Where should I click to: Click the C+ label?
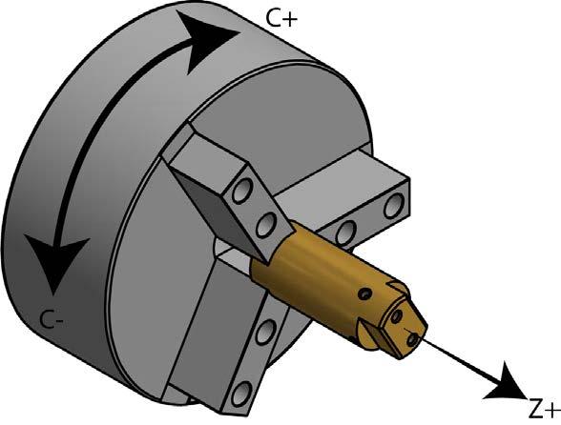click(x=281, y=19)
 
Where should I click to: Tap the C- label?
click(x=52, y=318)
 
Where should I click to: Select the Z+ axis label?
click(x=544, y=411)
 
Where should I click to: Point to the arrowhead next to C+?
click(x=208, y=40)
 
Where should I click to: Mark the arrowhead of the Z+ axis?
click(x=507, y=383)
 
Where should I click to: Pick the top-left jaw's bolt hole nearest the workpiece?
click(x=266, y=224)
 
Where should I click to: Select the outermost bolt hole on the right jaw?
click(x=392, y=205)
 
